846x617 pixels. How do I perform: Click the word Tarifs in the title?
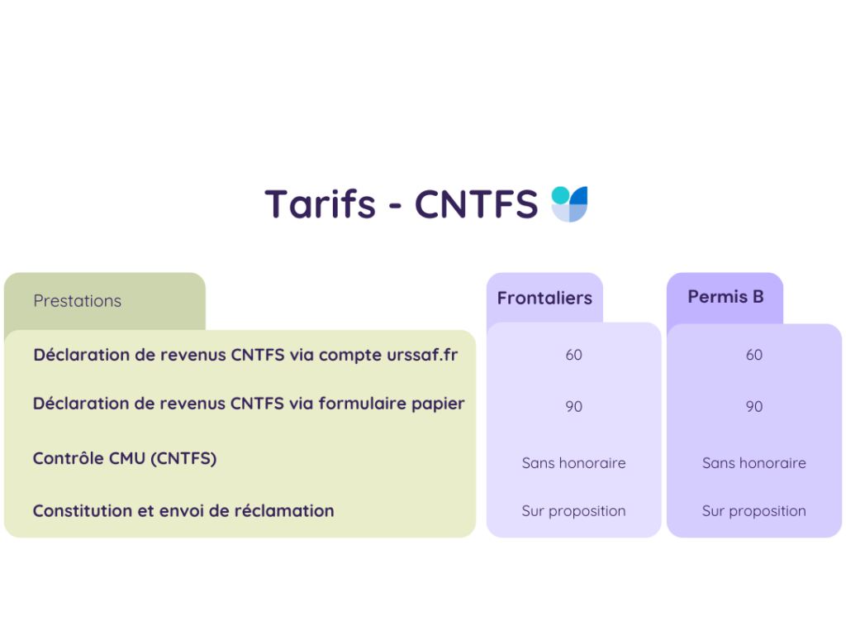point(320,203)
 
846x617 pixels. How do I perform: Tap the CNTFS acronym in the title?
point(476,203)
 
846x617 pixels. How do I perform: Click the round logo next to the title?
point(570,203)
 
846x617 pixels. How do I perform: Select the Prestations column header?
point(78,301)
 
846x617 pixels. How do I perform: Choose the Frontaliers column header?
point(544,299)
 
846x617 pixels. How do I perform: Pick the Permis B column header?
point(725,297)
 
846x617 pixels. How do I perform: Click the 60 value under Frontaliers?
point(573,355)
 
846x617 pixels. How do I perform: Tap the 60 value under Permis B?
point(754,355)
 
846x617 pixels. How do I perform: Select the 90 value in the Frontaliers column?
point(573,406)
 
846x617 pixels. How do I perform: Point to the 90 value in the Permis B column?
point(754,406)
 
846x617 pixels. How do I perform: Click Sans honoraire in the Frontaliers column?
point(573,463)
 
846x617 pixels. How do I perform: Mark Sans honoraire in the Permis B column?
point(754,463)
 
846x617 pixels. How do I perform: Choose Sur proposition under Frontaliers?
point(573,511)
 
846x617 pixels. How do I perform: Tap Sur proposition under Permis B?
point(754,511)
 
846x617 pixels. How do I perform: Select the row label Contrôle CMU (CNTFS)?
point(125,458)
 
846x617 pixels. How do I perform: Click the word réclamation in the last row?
point(290,511)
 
